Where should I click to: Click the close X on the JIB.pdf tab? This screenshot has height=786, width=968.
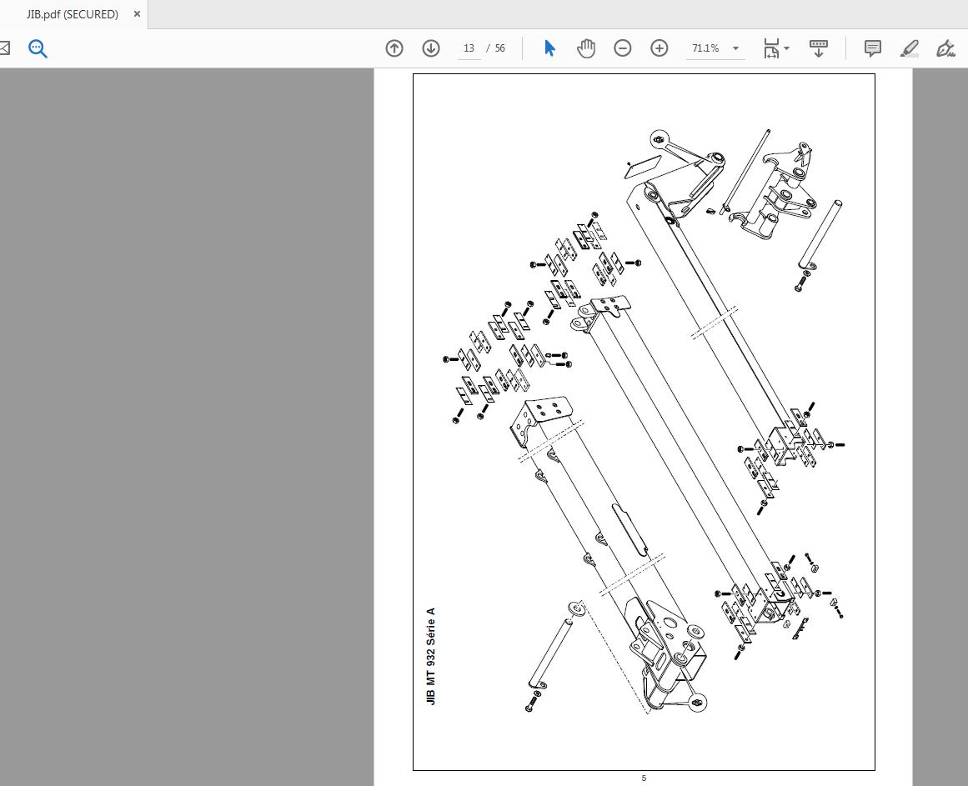pyautogui.click(x=137, y=13)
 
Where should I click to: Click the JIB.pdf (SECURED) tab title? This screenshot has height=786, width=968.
pyautogui.click(x=73, y=14)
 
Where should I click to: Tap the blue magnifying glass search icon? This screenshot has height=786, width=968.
pyautogui.click(x=38, y=48)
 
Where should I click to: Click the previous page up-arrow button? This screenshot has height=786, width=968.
pyautogui.click(x=394, y=48)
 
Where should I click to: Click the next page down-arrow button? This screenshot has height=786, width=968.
pyautogui.click(x=431, y=48)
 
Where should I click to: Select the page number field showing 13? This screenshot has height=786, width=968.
pyautogui.click(x=469, y=48)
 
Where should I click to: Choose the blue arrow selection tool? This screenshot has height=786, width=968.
pyautogui.click(x=549, y=48)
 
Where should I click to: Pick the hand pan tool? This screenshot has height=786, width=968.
pyautogui.click(x=586, y=48)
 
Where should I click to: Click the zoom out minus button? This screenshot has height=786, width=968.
pyautogui.click(x=622, y=48)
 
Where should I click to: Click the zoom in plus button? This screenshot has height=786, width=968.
pyautogui.click(x=660, y=48)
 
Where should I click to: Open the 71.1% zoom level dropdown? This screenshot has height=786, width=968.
pyautogui.click(x=735, y=48)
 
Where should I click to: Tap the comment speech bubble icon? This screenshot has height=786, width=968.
pyautogui.click(x=872, y=48)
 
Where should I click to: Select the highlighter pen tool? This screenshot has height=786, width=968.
pyautogui.click(x=910, y=48)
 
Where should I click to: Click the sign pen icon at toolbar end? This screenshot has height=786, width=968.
pyautogui.click(x=945, y=48)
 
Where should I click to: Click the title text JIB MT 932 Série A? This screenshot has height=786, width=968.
pyautogui.click(x=431, y=657)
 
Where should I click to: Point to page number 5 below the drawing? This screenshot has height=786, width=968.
pyautogui.click(x=644, y=778)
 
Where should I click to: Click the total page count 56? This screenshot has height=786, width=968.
pyautogui.click(x=500, y=48)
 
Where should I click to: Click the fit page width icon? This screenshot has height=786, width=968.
pyautogui.click(x=772, y=48)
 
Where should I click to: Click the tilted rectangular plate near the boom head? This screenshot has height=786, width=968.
pyautogui.click(x=643, y=167)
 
